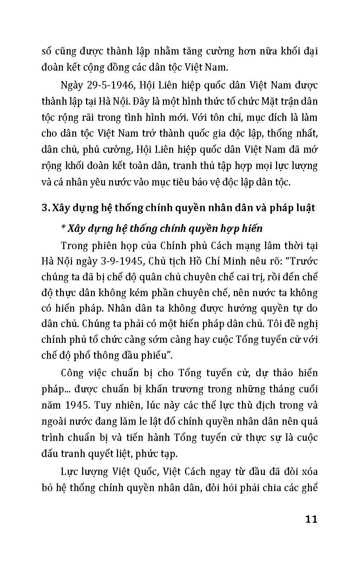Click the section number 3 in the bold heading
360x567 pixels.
pos(44,208)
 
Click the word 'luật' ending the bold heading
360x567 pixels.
pos(305,208)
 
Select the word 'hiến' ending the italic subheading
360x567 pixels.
pos(252,229)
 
